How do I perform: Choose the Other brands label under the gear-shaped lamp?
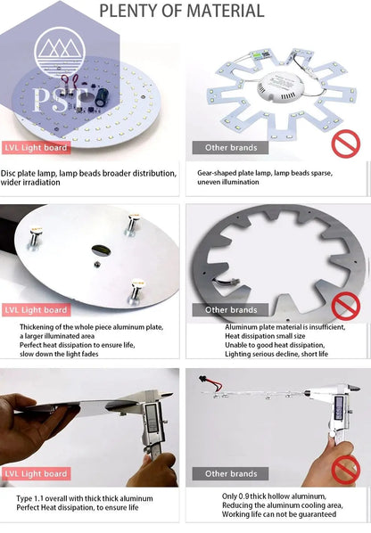click(230, 147)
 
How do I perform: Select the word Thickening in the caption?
click(39, 327)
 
